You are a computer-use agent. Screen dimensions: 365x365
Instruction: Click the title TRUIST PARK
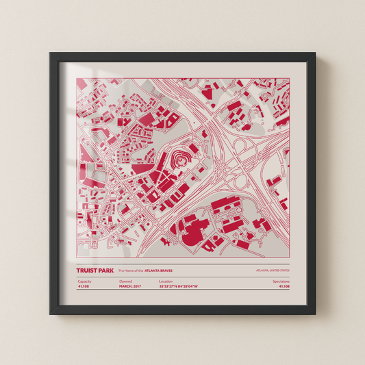[96, 270]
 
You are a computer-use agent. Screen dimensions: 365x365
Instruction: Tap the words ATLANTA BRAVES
[154, 270]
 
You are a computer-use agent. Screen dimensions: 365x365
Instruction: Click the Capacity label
[84, 281]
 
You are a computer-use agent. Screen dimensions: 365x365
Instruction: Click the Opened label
[125, 281]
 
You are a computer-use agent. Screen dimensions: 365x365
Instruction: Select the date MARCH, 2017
[130, 287]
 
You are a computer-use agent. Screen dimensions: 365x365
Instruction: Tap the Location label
[166, 281]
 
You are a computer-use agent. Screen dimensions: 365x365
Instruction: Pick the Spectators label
[281, 281]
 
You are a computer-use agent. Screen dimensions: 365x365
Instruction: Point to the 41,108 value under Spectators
[284, 287]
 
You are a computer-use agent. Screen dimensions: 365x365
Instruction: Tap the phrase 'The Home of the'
[126, 270]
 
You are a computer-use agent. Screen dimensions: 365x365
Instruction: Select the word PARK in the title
[106, 270]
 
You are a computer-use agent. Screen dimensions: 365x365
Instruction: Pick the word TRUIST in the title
[87, 270]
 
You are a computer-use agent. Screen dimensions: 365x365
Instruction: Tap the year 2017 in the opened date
[138, 287]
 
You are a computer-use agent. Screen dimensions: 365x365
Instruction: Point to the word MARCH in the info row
[125, 287]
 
